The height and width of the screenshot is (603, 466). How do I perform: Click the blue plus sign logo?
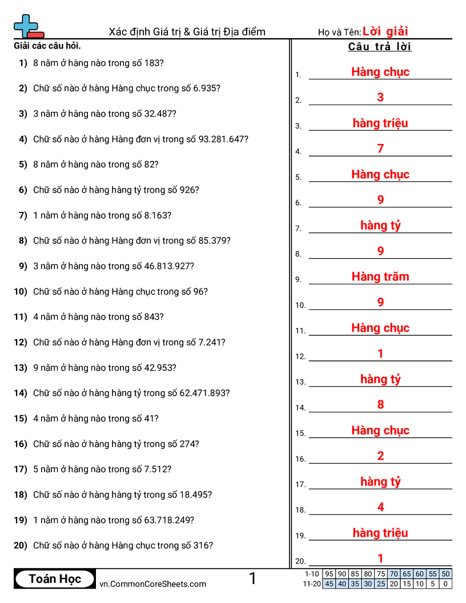(x=26, y=25)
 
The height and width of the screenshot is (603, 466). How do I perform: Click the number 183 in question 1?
(x=154, y=63)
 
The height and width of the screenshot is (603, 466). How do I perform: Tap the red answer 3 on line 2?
(x=380, y=98)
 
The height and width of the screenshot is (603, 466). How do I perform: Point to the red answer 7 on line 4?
(x=380, y=149)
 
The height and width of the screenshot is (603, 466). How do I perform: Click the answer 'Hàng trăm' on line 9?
(x=380, y=277)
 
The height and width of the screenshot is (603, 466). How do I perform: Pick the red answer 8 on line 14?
(x=380, y=405)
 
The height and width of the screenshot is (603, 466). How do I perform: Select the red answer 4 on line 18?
(x=380, y=507)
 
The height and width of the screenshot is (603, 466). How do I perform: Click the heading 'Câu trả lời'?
(x=380, y=47)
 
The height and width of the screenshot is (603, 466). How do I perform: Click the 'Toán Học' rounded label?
(x=55, y=579)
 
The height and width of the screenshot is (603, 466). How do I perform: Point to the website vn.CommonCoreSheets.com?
(x=152, y=584)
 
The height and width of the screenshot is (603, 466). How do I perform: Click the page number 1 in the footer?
(x=252, y=579)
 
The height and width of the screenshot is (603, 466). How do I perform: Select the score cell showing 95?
(x=329, y=574)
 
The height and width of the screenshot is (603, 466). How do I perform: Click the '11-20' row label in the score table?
(x=312, y=584)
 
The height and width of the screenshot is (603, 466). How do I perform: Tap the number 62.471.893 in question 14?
(x=204, y=393)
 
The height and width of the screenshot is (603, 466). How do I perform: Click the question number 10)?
(x=21, y=291)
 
